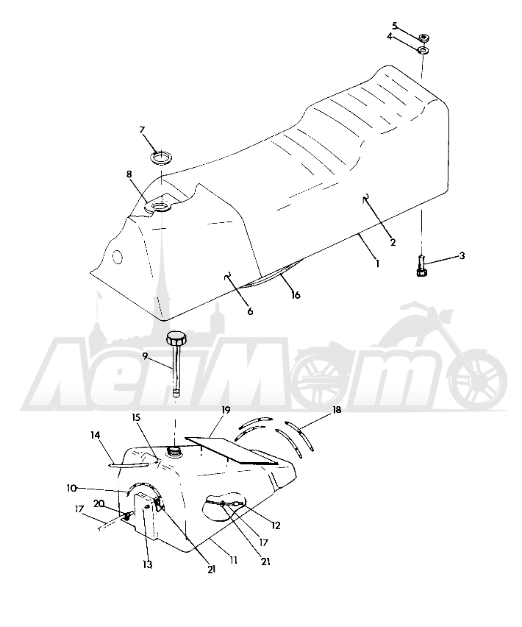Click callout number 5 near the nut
[395, 26]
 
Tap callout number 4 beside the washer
[390, 37]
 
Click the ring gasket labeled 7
[160, 157]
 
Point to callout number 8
[129, 174]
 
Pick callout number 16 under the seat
[296, 295]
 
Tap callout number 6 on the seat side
[250, 311]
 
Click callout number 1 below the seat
[377, 264]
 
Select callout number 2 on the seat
[393, 242]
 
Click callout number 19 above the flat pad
[226, 410]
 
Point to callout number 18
[337, 410]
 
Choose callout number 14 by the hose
[96, 435]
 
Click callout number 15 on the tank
[136, 417]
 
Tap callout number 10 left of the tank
[71, 488]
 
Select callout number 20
[99, 503]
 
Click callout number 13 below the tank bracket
[147, 564]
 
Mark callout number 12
[276, 525]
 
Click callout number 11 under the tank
[233, 561]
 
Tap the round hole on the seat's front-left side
[118, 257]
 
